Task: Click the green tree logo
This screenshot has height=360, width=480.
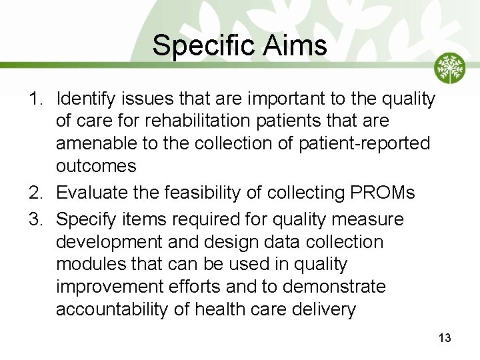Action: (450, 68)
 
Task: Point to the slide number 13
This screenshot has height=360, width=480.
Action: (445, 338)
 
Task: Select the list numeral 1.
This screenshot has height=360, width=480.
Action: (35, 99)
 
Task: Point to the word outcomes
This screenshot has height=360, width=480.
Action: (96, 166)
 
